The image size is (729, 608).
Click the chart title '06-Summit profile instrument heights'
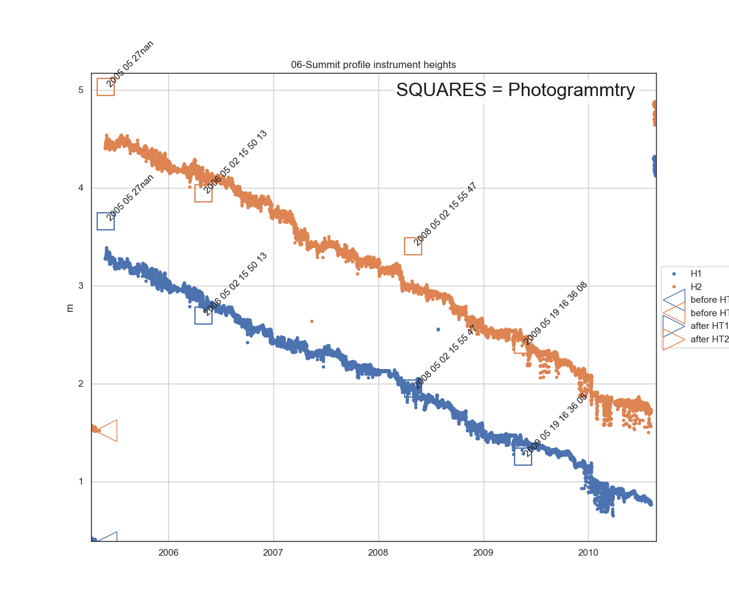pos(373,64)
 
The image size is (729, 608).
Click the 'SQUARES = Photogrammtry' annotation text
pos(515,90)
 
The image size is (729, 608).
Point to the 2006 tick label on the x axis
pos(168,553)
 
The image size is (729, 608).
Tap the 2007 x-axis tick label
pos(273,553)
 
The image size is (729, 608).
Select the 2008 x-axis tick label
pos(378,553)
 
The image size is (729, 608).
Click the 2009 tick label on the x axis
pos(484,553)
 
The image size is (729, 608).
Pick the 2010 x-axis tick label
pos(588,553)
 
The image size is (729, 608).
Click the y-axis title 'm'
pos(70,308)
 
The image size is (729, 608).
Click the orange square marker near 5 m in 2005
pos(106,87)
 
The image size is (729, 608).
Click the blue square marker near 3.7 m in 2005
pos(106,221)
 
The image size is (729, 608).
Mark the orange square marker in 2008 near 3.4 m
pos(413,246)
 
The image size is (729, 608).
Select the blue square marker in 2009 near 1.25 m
pos(523,457)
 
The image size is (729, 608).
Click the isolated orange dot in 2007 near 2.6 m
pos(312,321)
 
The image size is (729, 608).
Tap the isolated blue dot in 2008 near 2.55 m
pos(438,330)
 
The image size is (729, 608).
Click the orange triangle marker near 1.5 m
pos(108,430)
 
